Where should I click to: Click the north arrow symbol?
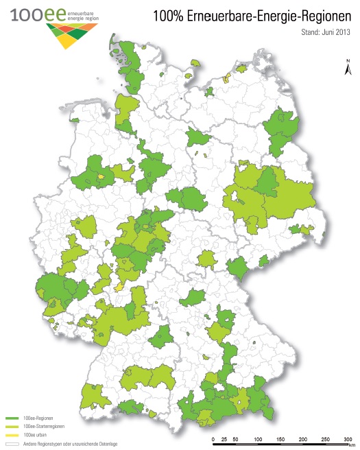[x=348, y=67]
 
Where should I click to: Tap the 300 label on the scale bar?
[x=348, y=438]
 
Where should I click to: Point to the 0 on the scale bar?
[x=214, y=438]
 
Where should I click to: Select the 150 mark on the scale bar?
[x=280, y=438]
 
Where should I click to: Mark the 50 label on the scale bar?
[x=236, y=438]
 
